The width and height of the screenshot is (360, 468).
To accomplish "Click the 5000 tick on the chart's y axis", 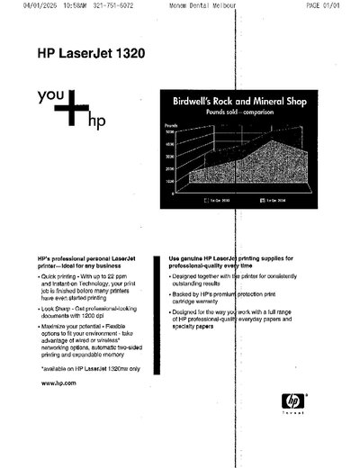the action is [168, 132].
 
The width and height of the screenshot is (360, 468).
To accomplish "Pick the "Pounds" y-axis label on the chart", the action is [170, 125].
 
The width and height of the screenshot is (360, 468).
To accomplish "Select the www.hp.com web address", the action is [58, 383].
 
